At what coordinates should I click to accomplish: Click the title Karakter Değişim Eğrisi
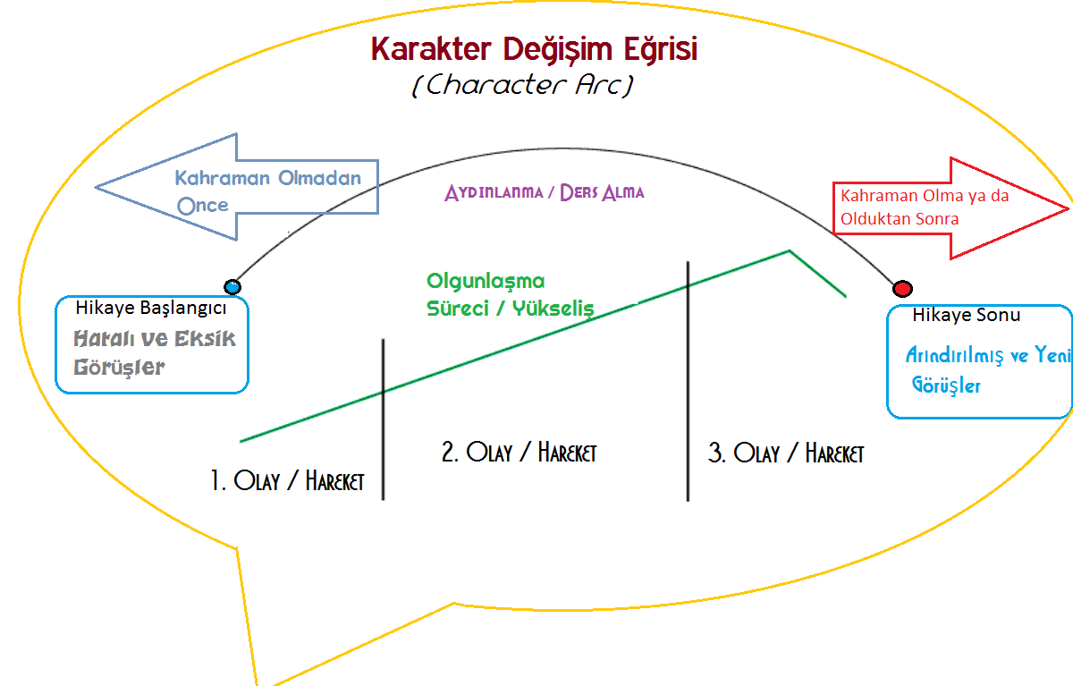tap(534, 49)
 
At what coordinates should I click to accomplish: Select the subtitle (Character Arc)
tap(524, 85)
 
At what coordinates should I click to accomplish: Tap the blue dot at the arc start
tap(232, 287)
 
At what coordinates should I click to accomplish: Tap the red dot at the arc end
tap(902, 289)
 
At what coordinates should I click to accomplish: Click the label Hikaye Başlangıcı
tap(151, 309)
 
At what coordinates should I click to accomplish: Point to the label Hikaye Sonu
tap(966, 315)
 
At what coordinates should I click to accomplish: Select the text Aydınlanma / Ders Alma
tap(544, 192)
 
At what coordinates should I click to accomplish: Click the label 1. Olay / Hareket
tap(287, 480)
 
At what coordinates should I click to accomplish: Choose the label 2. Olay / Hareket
tap(519, 452)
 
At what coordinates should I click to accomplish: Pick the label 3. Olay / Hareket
tap(786, 453)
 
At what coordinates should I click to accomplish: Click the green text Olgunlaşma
tap(486, 282)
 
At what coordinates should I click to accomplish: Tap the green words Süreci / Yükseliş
tap(510, 308)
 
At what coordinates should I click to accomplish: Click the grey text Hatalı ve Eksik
tap(155, 339)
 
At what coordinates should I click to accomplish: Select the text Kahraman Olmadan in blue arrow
tap(267, 177)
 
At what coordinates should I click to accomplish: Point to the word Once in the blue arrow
tap(203, 205)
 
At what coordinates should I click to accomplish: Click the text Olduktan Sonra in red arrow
tap(899, 218)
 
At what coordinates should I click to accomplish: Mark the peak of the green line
tap(789, 250)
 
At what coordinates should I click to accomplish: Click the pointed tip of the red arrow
tap(1068, 209)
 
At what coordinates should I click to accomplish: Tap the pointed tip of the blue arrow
tap(97, 187)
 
